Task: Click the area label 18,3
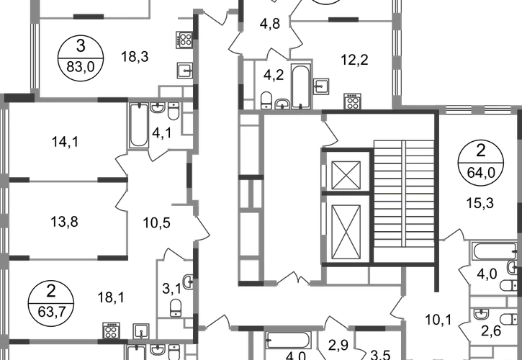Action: (135, 57)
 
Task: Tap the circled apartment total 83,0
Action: (81, 67)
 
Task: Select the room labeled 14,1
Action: (66, 143)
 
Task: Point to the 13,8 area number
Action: (65, 222)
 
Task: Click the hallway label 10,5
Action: (156, 222)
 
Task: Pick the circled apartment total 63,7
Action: (51, 312)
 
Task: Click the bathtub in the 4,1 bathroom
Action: (139, 125)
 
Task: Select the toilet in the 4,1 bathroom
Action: (174, 111)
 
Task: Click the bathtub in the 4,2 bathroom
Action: (301, 86)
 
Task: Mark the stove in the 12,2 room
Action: (352, 102)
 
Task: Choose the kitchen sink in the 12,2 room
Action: (321, 86)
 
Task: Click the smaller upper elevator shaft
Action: (346, 175)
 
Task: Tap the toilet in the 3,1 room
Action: (176, 307)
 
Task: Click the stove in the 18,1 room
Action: (111, 330)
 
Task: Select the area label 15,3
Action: (480, 203)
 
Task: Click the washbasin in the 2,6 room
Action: (481, 314)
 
